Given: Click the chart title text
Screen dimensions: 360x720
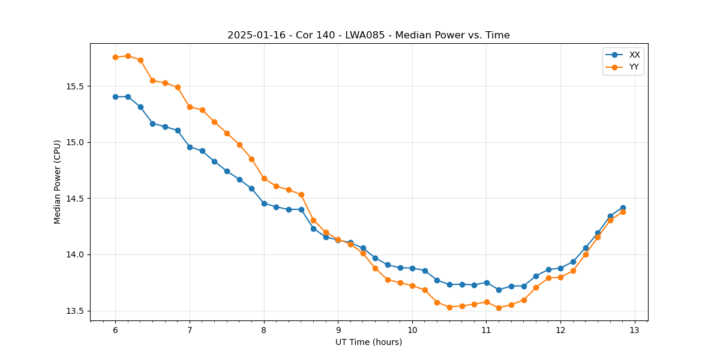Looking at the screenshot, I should click(368, 35).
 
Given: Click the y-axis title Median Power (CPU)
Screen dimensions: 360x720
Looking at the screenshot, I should click(58, 182).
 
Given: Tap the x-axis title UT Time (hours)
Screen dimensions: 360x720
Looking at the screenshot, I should click(368, 342).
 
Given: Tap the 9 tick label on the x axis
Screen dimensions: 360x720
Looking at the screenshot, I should click(338, 331).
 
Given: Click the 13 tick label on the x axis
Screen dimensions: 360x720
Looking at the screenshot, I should click(635, 331).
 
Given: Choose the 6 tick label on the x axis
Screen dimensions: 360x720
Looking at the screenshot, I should click(115, 331).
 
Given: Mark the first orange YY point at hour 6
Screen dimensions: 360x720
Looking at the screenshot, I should click(115, 57).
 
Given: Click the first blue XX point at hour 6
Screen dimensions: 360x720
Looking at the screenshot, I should click(115, 97).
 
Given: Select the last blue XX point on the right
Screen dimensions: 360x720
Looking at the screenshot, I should click(623, 208).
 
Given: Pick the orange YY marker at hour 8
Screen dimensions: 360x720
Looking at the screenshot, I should click(264, 178).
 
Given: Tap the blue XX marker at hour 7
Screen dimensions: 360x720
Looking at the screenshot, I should click(190, 147).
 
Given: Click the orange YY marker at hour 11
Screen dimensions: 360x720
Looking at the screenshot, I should click(487, 302).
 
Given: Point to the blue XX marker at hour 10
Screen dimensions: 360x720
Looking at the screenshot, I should click(412, 268).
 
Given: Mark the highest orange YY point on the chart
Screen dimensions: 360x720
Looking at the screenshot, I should click(128, 56).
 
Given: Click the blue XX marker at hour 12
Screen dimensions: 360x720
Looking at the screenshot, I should click(560, 268).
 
